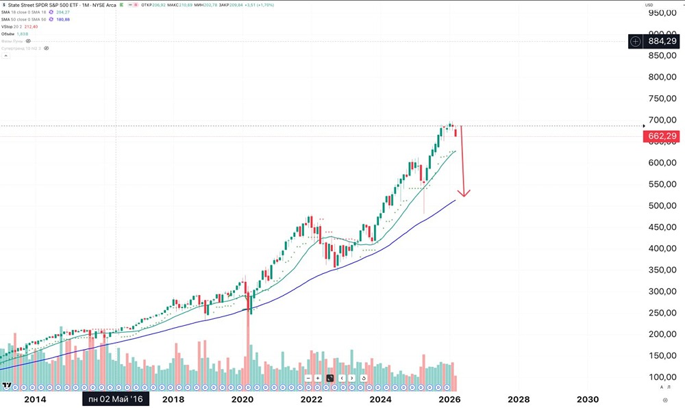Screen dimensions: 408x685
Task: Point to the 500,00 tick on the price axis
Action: coord(662,205)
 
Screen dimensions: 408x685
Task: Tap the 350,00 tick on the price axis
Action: coord(662,270)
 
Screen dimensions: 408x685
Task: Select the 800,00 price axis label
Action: coord(662,77)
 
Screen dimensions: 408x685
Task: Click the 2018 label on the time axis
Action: coord(173,399)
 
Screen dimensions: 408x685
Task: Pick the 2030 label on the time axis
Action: coord(588,399)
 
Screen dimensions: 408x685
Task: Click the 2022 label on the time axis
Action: coord(311,399)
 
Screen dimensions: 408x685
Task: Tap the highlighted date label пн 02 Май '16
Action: coord(115,399)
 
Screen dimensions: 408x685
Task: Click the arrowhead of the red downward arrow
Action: coord(464,194)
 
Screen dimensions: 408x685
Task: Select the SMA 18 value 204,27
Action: coord(63,12)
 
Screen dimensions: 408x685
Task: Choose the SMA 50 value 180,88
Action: coord(63,19)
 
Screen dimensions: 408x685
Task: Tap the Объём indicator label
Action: coord(9,34)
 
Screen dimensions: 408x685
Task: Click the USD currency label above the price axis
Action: coord(649,5)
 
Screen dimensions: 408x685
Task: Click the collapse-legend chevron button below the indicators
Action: coord(5,55)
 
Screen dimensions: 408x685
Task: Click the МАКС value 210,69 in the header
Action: coord(187,5)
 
